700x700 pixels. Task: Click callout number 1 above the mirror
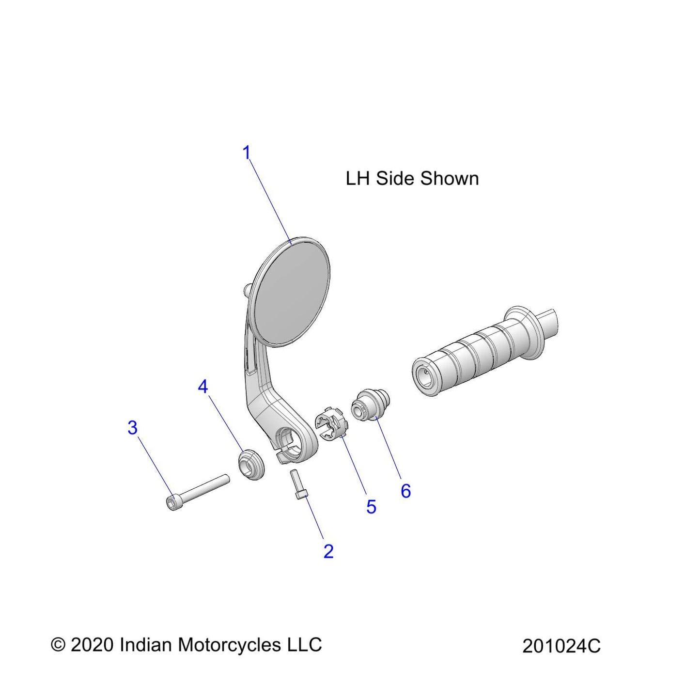[247, 153]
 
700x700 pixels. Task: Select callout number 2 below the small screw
[328, 551]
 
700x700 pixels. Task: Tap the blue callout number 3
[133, 428]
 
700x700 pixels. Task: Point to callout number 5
[371, 506]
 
